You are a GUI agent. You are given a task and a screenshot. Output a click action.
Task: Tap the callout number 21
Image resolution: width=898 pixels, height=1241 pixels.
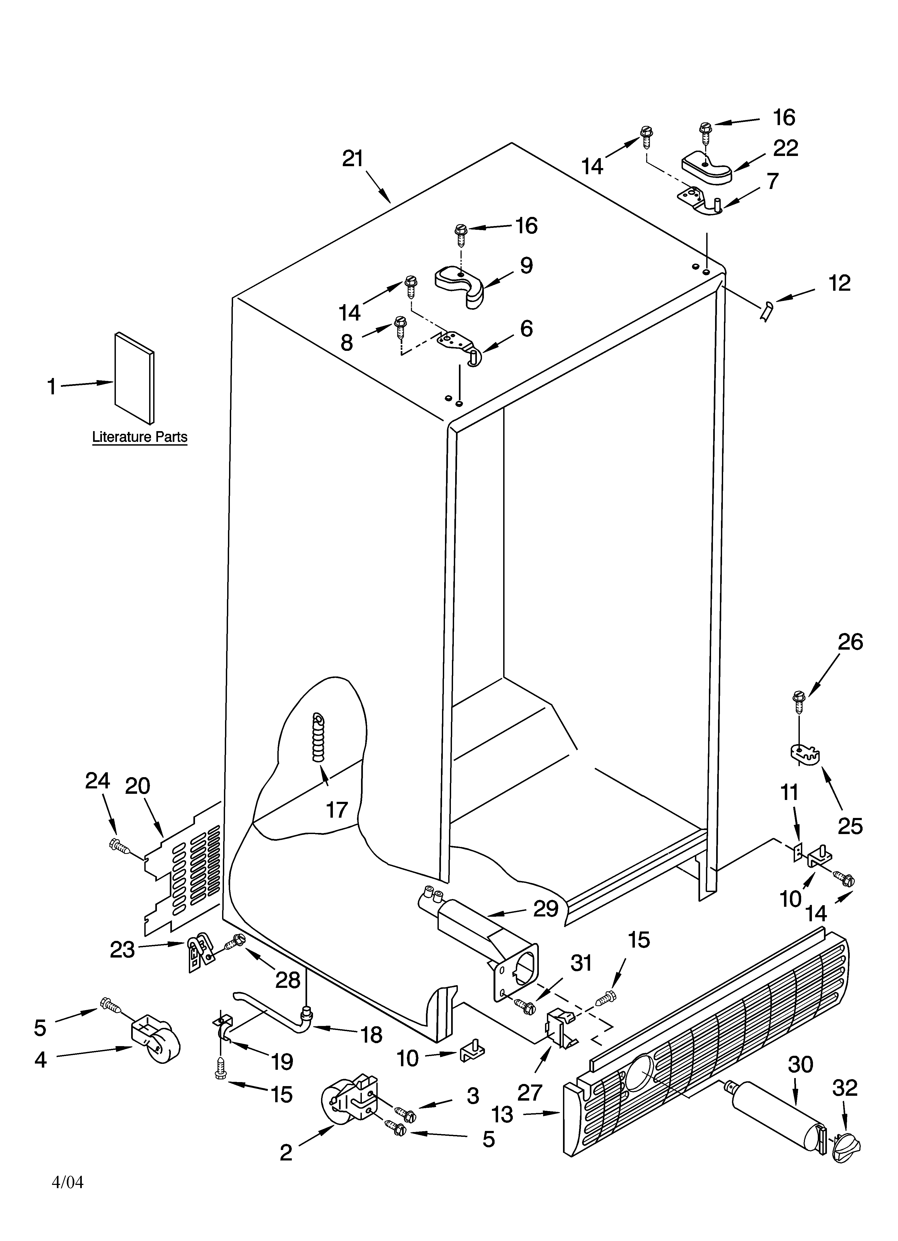point(353,159)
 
